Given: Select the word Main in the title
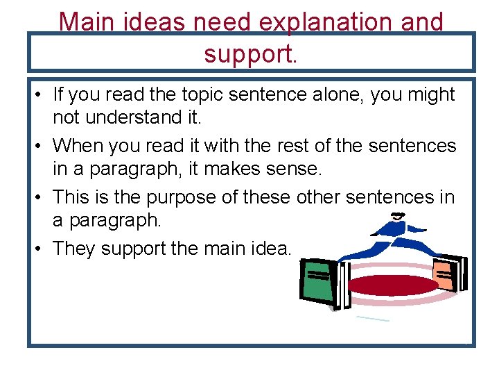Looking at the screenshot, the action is tap(86, 22).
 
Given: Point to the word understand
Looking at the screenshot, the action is tap(134, 117).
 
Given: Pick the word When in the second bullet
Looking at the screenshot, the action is tap(78, 145).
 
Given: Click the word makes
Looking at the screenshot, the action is tap(232, 168).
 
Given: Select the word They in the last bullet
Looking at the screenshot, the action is tap(74, 249).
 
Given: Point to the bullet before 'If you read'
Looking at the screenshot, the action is tap(38, 94).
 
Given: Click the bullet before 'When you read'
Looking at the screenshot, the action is tap(38, 146).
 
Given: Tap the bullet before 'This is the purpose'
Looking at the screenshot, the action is tap(38, 197).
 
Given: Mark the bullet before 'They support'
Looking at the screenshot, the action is tap(38, 249).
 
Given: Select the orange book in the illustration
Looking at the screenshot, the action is tap(445, 275).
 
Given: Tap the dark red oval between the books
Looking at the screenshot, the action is tap(393, 285).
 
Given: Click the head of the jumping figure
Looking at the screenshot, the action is tap(398, 217).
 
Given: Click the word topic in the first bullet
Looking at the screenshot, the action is tap(202, 95).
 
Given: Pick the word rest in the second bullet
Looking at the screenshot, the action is tap(292, 146).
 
